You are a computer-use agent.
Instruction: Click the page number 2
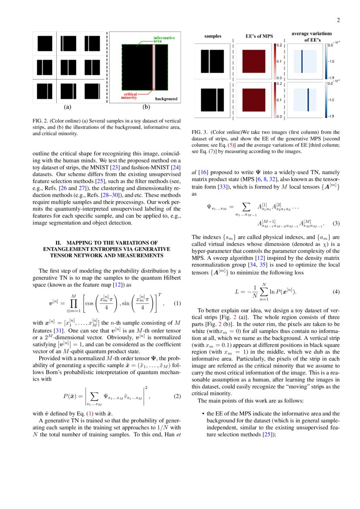tap(338, 20)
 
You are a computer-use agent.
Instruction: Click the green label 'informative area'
tap(164, 39)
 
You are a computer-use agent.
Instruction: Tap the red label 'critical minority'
tap(131, 96)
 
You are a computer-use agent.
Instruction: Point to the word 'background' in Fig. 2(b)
tap(166, 99)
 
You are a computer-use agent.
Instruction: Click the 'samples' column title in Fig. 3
tap(213, 36)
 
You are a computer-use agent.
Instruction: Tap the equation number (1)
tap(177, 303)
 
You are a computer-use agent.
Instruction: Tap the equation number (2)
tap(177, 396)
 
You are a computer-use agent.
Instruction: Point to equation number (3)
tap(336, 223)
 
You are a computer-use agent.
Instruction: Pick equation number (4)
tap(336, 292)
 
